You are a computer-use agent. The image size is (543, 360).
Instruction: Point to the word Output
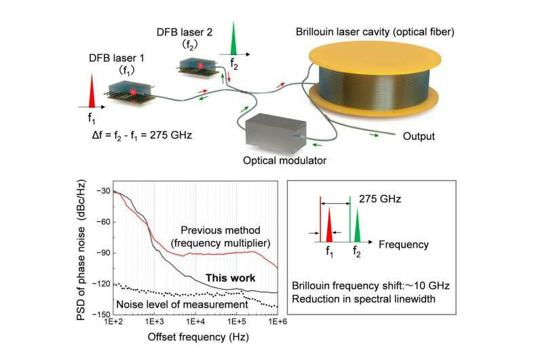tap(419, 136)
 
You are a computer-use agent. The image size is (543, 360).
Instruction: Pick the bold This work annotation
tap(231, 278)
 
